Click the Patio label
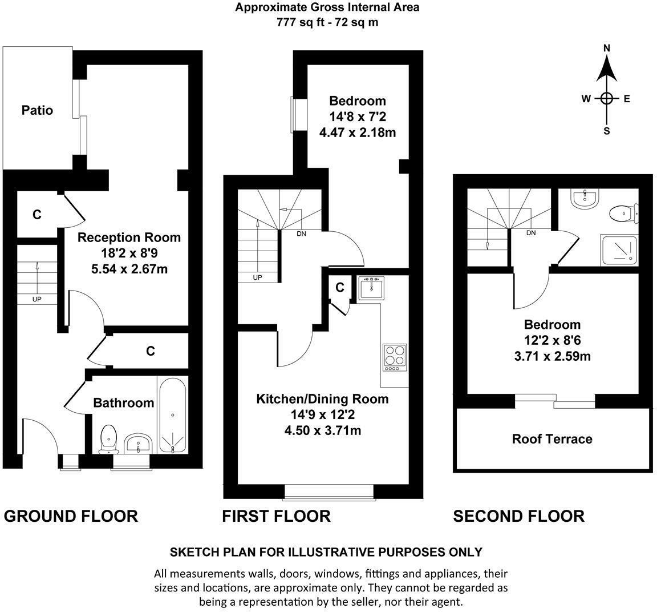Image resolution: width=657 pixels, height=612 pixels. pyautogui.click(x=37, y=110)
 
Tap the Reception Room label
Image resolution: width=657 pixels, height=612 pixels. pyautogui.click(x=129, y=237)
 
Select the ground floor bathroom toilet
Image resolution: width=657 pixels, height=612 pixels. pyautogui.click(x=108, y=439)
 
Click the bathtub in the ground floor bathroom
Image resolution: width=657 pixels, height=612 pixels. pyautogui.click(x=173, y=415)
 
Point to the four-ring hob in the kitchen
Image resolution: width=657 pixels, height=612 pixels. pyautogui.click(x=395, y=357)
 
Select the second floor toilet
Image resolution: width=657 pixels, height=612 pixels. pyautogui.click(x=624, y=214)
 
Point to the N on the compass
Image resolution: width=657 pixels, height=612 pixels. pyautogui.click(x=607, y=49)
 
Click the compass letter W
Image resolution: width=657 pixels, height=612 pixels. pyautogui.click(x=586, y=99)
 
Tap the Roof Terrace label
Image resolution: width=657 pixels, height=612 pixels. pyautogui.click(x=552, y=439)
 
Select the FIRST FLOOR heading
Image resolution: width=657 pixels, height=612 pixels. pyautogui.click(x=276, y=516)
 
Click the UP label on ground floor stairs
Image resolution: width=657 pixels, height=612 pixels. pyautogui.click(x=36, y=299)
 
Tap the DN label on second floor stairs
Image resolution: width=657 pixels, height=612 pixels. pyautogui.click(x=531, y=233)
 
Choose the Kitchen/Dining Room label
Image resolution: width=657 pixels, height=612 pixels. pyautogui.click(x=322, y=399)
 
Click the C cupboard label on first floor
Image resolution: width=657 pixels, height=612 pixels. pyautogui.click(x=339, y=288)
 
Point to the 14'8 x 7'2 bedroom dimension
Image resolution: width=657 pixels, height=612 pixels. pyautogui.click(x=358, y=117)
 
